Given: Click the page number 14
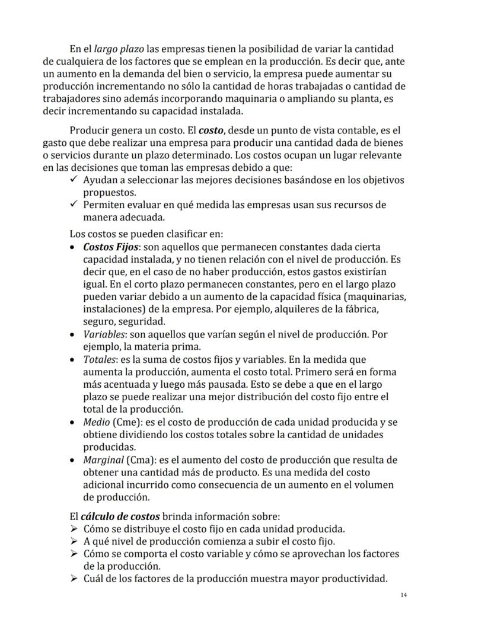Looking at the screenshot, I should (403, 595).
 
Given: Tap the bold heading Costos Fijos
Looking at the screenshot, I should (111, 247).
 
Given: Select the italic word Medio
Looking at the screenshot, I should (95, 422).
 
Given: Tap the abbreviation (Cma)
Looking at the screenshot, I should (141, 460).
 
